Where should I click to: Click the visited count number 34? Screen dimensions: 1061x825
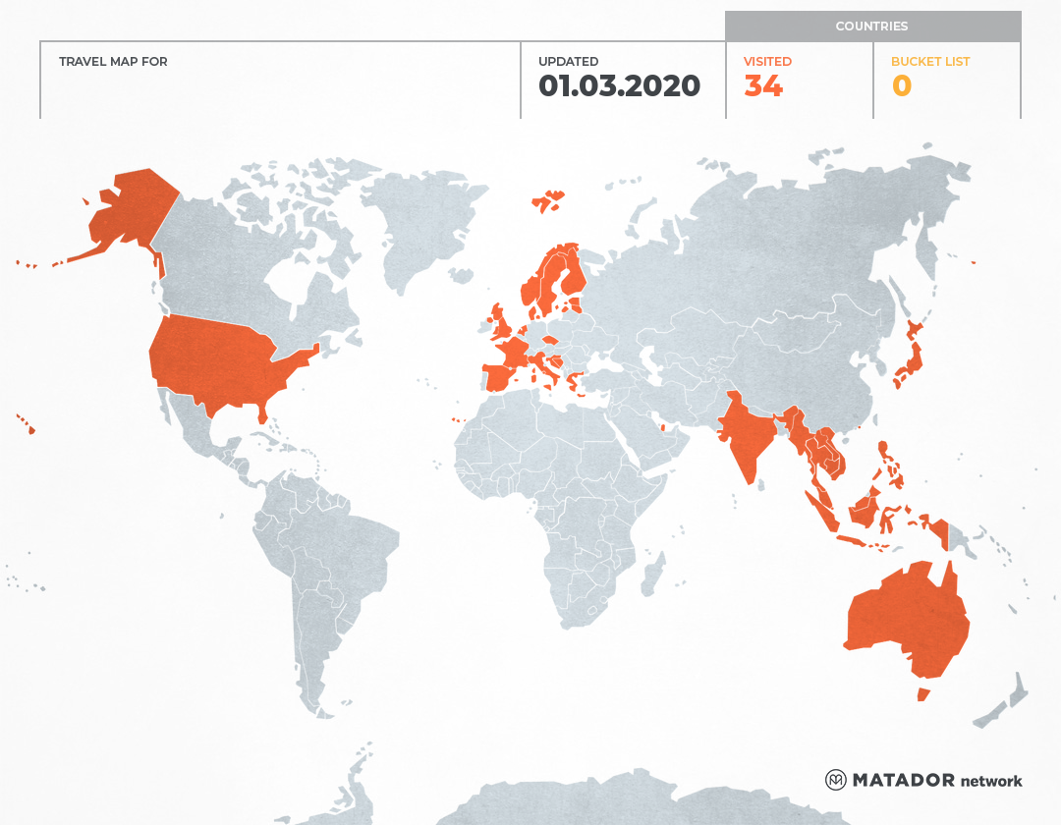[x=762, y=86]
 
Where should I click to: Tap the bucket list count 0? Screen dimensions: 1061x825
[x=901, y=86]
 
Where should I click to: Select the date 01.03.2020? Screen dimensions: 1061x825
[x=619, y=86]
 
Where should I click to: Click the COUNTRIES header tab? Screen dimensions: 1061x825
[x=871, y=27]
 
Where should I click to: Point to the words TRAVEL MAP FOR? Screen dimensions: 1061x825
[x=113, y=62]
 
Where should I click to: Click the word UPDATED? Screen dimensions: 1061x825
[x=568, y=62]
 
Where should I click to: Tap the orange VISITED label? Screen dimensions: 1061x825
[x=767, y=62]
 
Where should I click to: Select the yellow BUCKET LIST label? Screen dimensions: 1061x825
[x=929, y=62]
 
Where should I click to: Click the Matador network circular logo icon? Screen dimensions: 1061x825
[x=835, y=780]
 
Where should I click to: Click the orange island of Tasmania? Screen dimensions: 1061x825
[x=922, y=694]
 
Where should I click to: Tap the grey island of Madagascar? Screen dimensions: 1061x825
[x=651, y=575]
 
